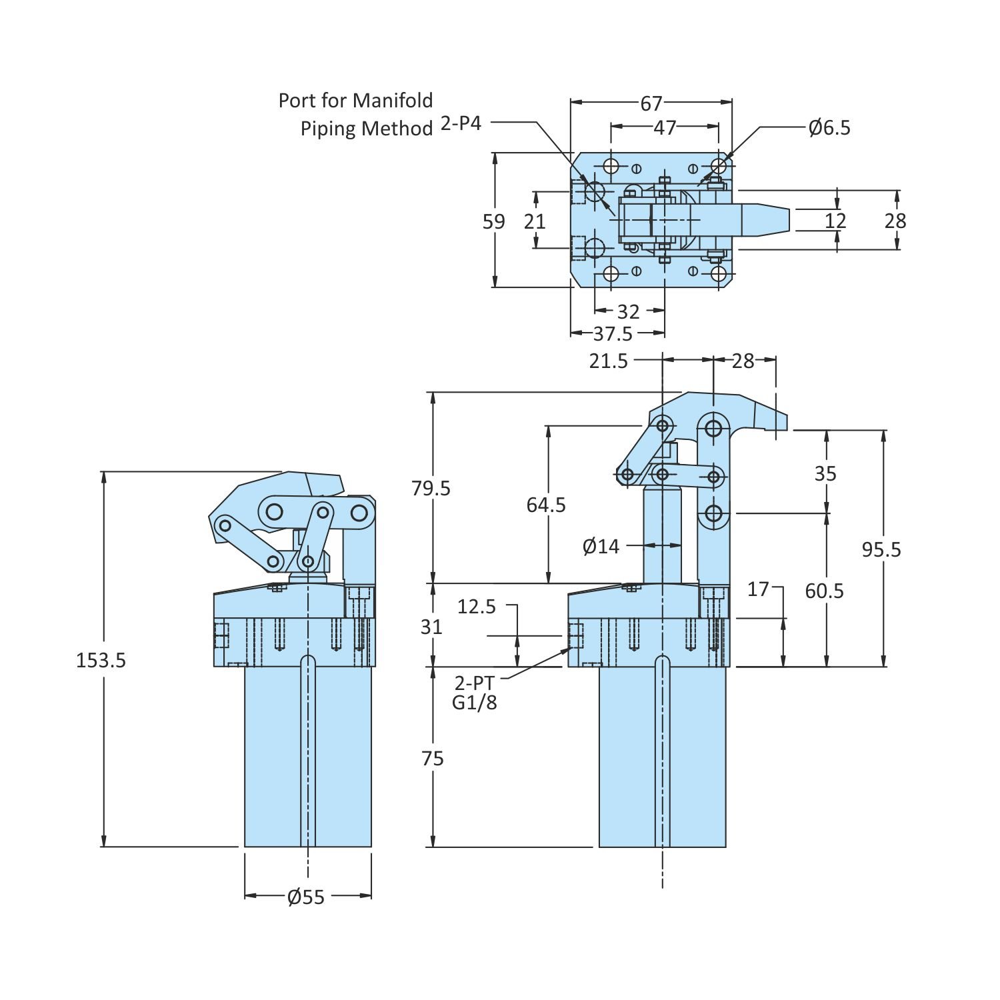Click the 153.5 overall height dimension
point(101,660)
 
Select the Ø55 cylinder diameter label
point(306,897)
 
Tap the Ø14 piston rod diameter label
point(601,547)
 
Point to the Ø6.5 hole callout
point(829,127)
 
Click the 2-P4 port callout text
point(461,124)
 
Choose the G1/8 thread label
point(475,703)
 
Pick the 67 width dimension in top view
point(651,103)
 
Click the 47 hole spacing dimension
point(665,127)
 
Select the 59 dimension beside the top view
point(494,221)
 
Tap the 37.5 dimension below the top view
point(613,333)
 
